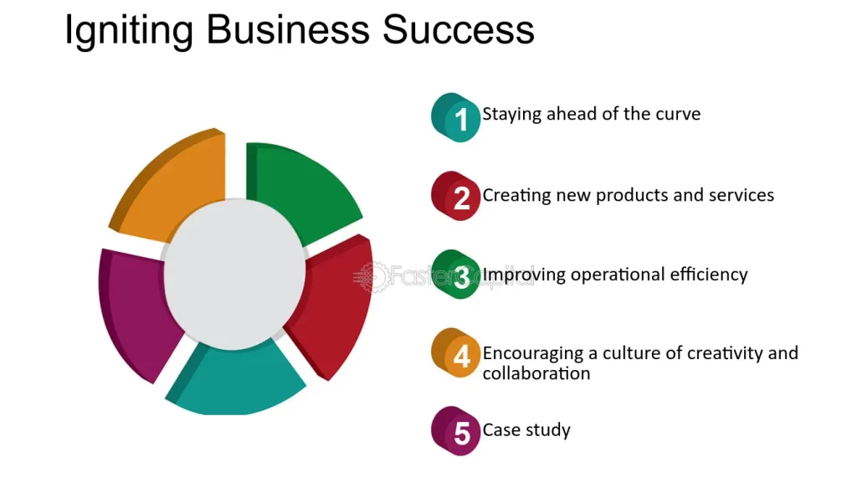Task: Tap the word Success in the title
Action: [459, 31]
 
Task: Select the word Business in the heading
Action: [287, 31]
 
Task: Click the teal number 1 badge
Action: [458, 117]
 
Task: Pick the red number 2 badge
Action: [458, 198]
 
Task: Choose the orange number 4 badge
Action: [458, 355]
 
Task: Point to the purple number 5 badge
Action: [458, 433]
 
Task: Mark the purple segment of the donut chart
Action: [134, 310]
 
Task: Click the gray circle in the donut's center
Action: [234, 272]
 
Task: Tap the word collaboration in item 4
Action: [536, 373]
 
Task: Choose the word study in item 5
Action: [548, 430]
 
